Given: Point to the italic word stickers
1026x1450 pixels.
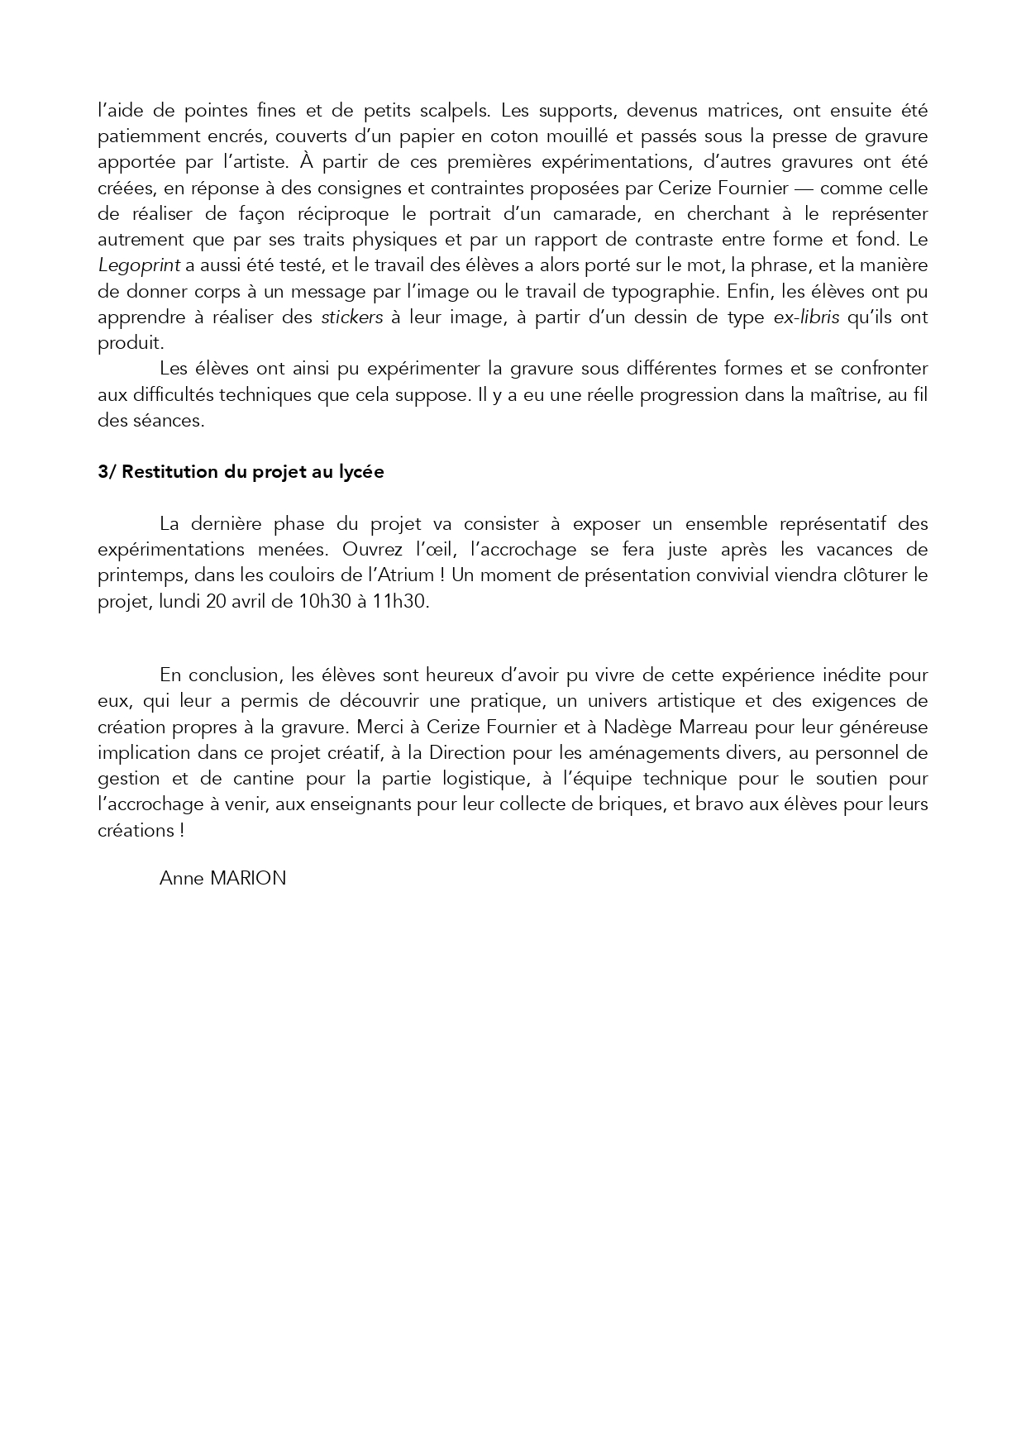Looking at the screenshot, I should pos(351,317).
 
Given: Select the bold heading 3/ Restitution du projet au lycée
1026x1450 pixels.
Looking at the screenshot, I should pos(241,472).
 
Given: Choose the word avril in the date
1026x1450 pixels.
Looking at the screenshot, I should pos(250,602).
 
